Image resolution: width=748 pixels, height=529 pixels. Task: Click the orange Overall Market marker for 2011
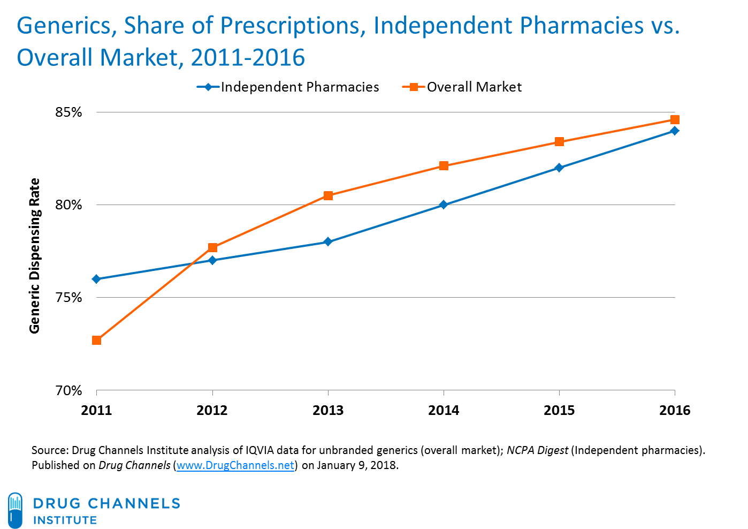[96, 340]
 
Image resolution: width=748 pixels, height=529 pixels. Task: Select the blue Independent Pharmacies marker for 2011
[96, 279]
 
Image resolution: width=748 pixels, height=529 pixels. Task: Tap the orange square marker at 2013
[328, 195]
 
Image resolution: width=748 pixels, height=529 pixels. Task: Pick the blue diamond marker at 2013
[328, 242]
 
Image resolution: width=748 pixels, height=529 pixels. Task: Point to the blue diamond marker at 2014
[444, 205]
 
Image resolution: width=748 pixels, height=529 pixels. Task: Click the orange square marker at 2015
[559, 142]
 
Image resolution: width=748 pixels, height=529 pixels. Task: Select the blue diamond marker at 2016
[675, 131]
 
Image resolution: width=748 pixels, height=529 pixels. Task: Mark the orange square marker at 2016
[675, 119]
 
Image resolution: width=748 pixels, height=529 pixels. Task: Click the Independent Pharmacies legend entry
[289, 87]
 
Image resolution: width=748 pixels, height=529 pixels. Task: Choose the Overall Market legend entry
[463, 87]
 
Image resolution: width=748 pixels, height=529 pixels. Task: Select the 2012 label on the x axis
[212, 411]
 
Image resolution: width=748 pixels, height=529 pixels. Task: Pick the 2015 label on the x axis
[559, 411]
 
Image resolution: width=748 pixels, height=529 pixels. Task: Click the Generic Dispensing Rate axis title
[35, 256]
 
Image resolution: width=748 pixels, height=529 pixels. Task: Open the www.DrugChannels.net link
[235, 465]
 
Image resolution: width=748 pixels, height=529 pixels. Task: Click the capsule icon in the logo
[16, 510]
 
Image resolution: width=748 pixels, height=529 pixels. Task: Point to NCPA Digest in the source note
[537, 450]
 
